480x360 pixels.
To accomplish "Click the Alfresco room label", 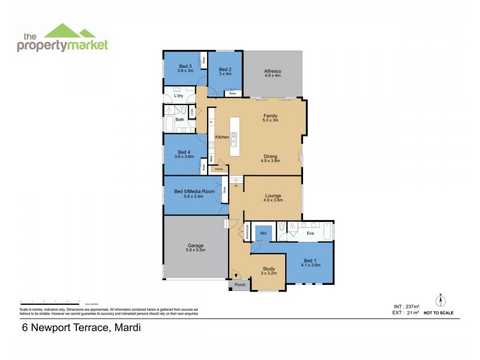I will (273, 71).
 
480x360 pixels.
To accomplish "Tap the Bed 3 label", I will (185, 66).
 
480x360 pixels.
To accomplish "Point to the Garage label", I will (196, 245).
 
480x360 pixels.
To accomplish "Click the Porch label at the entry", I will (240, 284).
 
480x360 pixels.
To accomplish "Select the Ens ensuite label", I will (310, 232).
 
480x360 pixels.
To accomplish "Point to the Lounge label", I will (273, 196).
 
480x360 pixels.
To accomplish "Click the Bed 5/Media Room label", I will (194, 191).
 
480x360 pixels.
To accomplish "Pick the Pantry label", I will (219, 169).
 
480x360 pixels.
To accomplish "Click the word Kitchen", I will (222, 137).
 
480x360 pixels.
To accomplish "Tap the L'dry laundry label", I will (178, 96).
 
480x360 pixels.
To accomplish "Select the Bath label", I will (179, 119).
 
